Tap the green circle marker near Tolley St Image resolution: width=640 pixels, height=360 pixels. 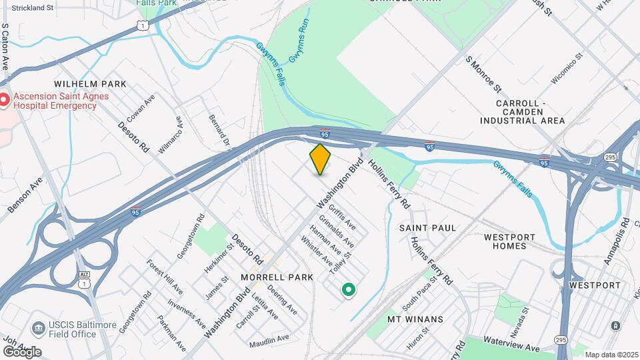point(347,289)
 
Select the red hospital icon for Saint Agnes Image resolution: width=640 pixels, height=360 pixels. point(5,101)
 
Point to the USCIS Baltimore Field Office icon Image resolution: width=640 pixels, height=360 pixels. point(38,327)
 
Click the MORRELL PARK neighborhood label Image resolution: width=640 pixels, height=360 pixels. point(276,277)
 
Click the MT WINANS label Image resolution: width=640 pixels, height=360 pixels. point(415,319)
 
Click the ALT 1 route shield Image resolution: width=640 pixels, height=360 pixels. point(83,260)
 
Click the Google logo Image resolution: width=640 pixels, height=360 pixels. point(22,351)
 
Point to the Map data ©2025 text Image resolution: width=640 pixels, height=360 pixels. point(611,355)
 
